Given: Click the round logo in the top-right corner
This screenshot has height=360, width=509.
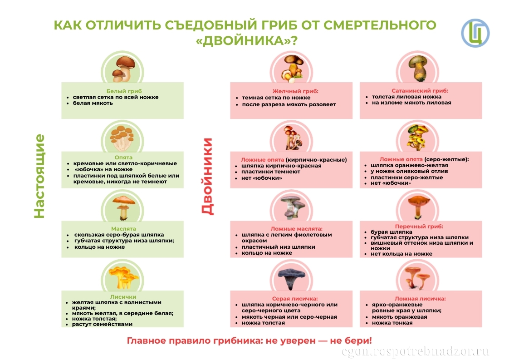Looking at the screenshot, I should click(475, 33).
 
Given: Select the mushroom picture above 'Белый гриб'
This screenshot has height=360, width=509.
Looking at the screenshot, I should click(122, 68).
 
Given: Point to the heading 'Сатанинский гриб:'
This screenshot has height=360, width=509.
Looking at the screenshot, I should click(420, 91).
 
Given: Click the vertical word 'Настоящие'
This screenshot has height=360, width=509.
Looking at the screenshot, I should click(40, 176).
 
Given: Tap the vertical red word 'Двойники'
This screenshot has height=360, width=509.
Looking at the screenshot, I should click(207, 176).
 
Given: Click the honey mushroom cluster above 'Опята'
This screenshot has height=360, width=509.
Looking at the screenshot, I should click(122, 136).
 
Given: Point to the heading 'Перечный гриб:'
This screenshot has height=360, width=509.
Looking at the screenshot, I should click(419, 226).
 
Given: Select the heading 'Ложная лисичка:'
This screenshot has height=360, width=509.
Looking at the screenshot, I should click(420, 299).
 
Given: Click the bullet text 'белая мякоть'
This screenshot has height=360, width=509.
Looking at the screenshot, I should click(93, 103).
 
